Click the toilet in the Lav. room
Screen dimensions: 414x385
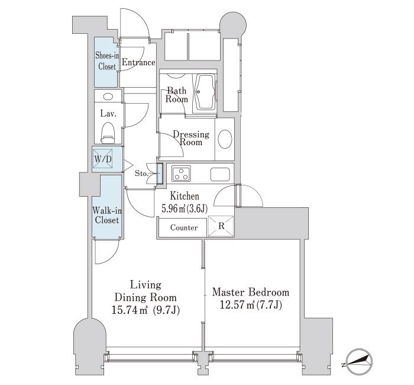pyautogui.click(x=108, y=131)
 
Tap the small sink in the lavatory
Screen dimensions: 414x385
pyautogui.click(x=108, y=97)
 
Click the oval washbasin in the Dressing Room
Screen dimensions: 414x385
pyautogui.click(x=225, y=139)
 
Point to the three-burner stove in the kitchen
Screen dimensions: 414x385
pyautogui.click(x=181, y=174)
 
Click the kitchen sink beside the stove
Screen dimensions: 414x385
pyautogui.click(x=220, y=174)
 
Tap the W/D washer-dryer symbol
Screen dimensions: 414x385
pyautogui.click(x=103, y=159)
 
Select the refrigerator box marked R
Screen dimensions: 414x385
pyautogui.click(x=221, y=226)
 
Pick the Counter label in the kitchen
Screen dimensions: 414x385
pyautogui.click(x=184, y=227)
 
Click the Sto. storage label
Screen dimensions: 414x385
pyautogui.click(x=141, y=174)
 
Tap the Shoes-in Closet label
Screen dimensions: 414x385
pyautogui.click(x=107, y=61)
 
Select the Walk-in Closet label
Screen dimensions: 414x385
pyautogui.click(x=107, y=215)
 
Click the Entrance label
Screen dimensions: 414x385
pyautogui.click(x=138, y=62)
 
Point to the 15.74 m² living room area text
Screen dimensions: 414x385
pyautogui.click(x=145, y=310)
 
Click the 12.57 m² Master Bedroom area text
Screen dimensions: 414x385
pyautogui.click(x=251, y=306)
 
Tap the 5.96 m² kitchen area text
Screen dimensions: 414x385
pyautogui.click(x=185, y=208)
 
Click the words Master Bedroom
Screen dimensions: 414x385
pyautogui.click(x=251, y=293)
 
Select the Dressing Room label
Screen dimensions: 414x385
pyautogui.click(x=191, y=138)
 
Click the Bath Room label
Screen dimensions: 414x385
pyautogui.click(x=177, y=95)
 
